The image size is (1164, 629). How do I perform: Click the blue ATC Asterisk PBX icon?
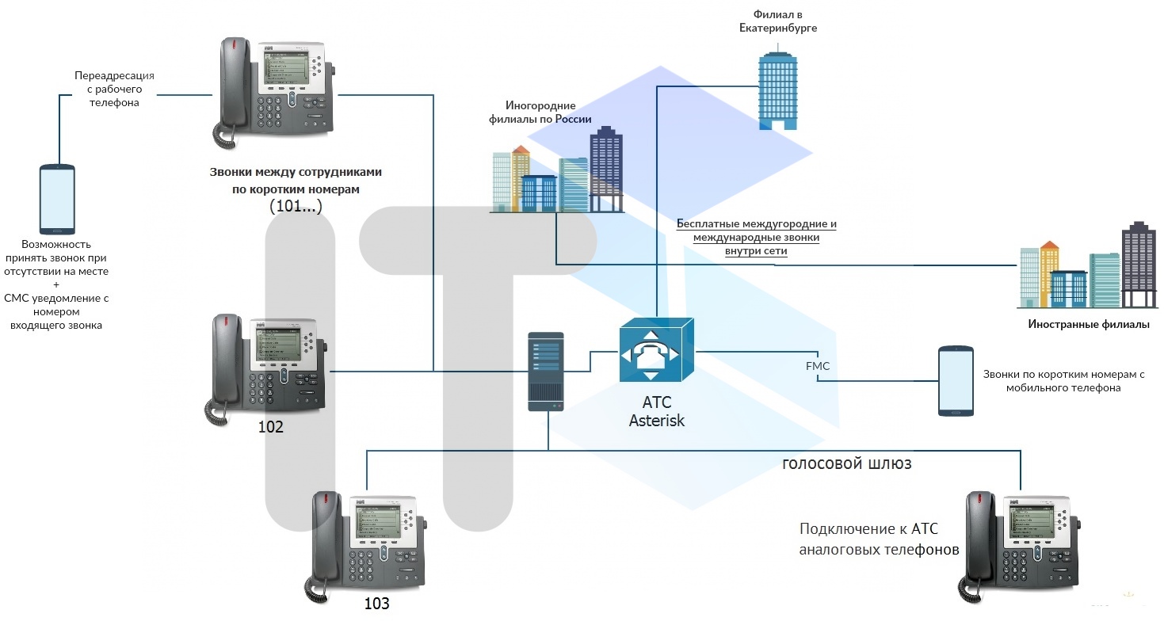click(656, 349)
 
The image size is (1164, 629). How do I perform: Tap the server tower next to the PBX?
click(546, 372)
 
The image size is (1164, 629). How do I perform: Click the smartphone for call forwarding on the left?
click(57, 199)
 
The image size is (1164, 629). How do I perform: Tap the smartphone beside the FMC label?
click(956, 381)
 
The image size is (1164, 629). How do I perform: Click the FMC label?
click(817, 366)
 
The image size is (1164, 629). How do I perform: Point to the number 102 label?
click(270, 427)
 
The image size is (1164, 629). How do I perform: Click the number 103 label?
click(376, 604)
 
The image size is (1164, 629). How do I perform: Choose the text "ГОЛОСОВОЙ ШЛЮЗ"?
click(846, 464)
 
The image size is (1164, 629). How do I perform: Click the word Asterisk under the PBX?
click(656, 421)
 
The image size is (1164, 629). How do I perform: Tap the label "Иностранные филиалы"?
click(1088, 324)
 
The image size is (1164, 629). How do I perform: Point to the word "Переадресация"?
click(114, 76)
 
